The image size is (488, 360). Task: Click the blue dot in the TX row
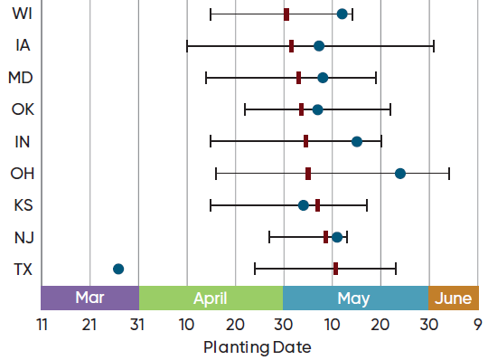[118, 269]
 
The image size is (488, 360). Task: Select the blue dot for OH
[400, 173]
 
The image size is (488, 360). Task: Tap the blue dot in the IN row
[357, 141]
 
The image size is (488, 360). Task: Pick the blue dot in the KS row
[304, 205]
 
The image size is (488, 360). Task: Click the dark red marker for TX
[335, 269]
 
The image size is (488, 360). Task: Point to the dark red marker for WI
[286, 14]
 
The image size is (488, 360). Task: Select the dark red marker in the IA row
[291, 45]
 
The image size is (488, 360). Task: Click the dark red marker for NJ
[326, 237]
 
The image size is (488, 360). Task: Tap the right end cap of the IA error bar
[434, 45]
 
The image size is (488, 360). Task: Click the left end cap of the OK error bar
[245, 109]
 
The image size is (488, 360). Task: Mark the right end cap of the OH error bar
[449, 173]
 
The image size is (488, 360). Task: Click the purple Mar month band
[89, 298]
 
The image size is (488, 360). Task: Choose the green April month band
[211, 298]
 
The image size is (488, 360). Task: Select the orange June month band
[454, 298]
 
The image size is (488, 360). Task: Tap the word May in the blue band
[353, 298]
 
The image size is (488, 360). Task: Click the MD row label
[21, 78]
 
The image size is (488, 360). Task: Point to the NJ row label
[23, 237]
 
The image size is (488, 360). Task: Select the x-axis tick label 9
[477, 324]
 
